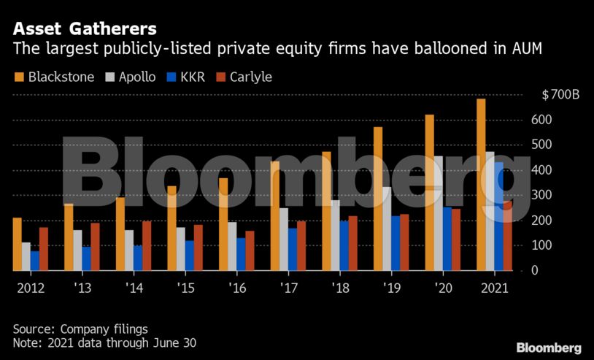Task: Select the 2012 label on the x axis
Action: click(x=30, y=288)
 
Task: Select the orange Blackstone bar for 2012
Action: click(x=18, y=244)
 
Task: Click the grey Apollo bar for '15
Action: click(x=181, y=249)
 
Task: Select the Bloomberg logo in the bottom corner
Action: click(x=548, y=348)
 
